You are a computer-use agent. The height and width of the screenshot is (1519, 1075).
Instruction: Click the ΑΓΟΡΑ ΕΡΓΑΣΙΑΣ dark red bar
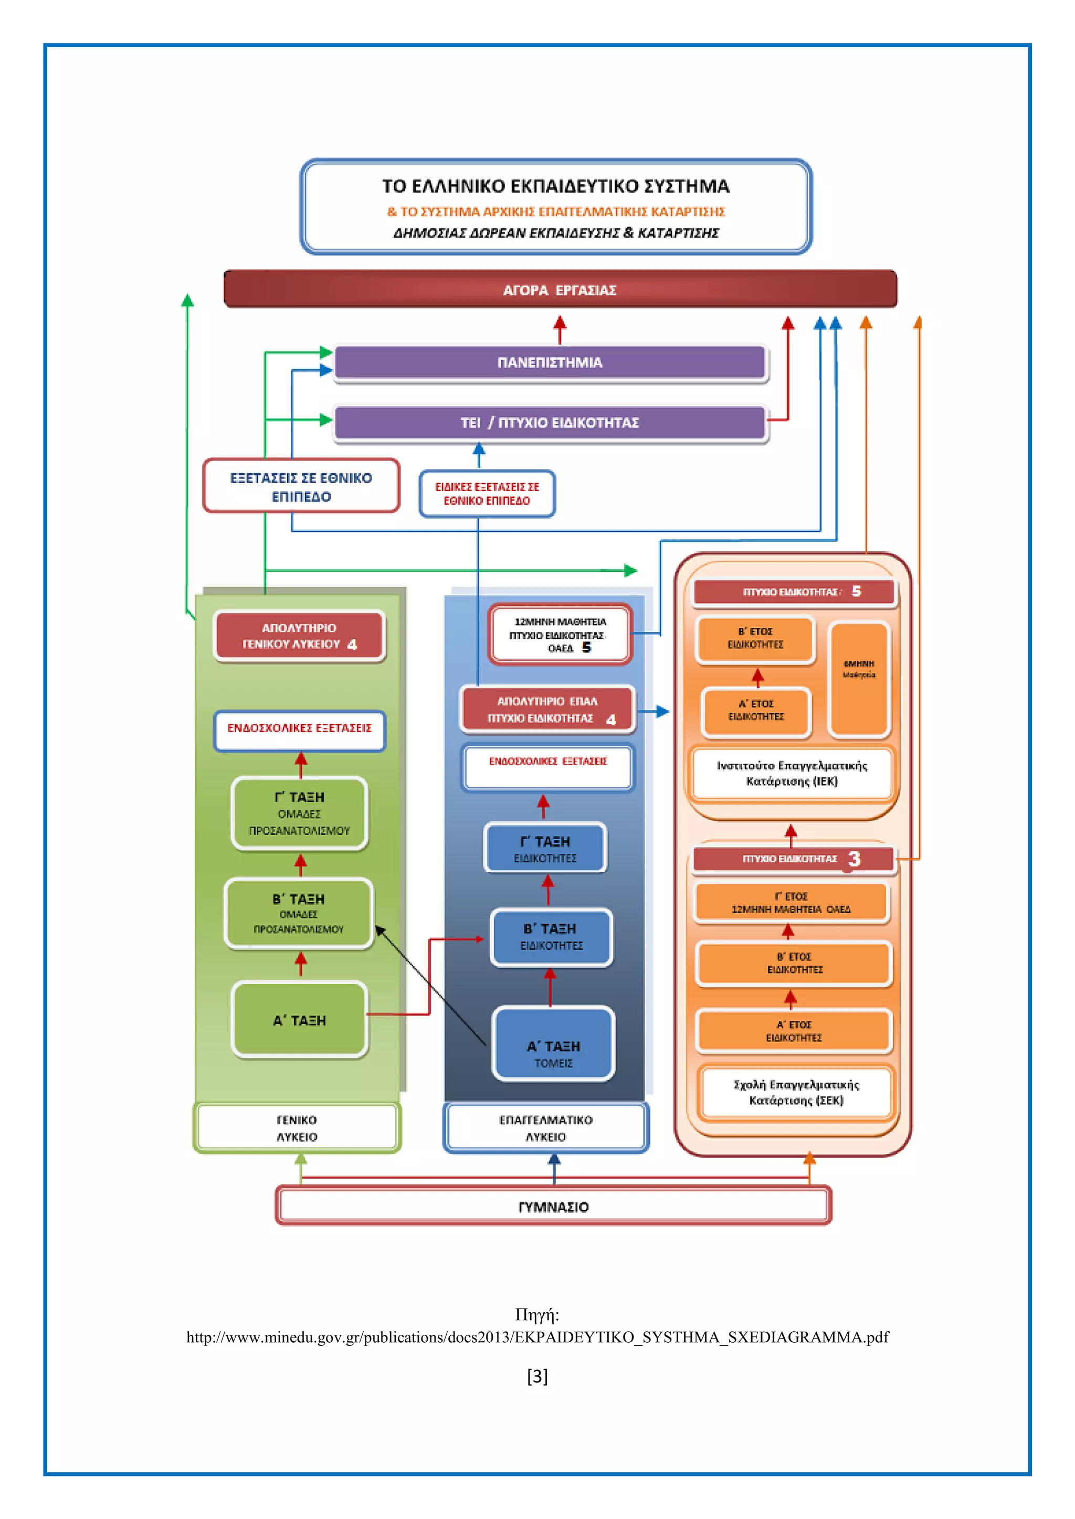point(560,289)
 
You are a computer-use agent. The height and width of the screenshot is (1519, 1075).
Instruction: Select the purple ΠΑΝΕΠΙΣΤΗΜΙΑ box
point(550,362)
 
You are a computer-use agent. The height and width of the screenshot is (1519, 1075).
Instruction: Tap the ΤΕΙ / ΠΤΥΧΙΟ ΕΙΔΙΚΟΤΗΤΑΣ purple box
point(550,423)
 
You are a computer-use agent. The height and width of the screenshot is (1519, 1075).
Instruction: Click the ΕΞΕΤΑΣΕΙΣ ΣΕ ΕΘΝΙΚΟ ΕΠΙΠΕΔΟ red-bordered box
point(301,486)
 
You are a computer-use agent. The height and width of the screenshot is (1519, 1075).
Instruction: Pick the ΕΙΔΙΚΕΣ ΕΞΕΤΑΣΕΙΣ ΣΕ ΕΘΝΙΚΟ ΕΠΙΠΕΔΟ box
point(487,494)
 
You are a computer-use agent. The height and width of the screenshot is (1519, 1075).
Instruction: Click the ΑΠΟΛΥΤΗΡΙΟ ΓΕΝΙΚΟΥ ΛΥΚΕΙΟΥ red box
point(299,636)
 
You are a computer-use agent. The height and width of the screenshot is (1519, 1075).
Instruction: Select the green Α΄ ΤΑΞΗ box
point(299,1020)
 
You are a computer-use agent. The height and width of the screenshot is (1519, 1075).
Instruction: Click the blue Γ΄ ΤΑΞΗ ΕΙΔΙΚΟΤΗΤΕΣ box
point(545,848)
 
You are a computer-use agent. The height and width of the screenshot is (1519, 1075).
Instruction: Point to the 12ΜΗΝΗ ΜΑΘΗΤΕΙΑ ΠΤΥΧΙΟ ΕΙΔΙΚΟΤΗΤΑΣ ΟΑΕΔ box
point(560,635)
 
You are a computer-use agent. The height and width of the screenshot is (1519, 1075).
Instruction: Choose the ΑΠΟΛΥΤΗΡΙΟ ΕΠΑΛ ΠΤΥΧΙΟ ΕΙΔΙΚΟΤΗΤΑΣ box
point(547,709)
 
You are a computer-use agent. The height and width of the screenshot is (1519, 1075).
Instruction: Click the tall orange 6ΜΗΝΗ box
point(859,679)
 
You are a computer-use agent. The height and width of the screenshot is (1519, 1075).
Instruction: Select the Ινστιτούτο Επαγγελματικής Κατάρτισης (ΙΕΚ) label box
point(792,773)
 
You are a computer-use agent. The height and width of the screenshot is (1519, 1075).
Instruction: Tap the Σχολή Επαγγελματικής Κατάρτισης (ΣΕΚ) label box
point(796,1092)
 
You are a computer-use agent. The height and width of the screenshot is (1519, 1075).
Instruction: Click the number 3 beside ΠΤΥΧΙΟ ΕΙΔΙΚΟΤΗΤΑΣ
point(854,859)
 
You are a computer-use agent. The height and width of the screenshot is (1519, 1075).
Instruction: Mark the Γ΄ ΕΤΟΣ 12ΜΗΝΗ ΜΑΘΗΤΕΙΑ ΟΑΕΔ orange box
point(791,902)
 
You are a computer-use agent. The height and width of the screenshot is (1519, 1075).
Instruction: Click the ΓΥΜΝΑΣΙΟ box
point(553,1206)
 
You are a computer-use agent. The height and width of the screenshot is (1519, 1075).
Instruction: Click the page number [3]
point(537,1377)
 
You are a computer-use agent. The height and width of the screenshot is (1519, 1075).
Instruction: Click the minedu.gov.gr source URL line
point(537,1337)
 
